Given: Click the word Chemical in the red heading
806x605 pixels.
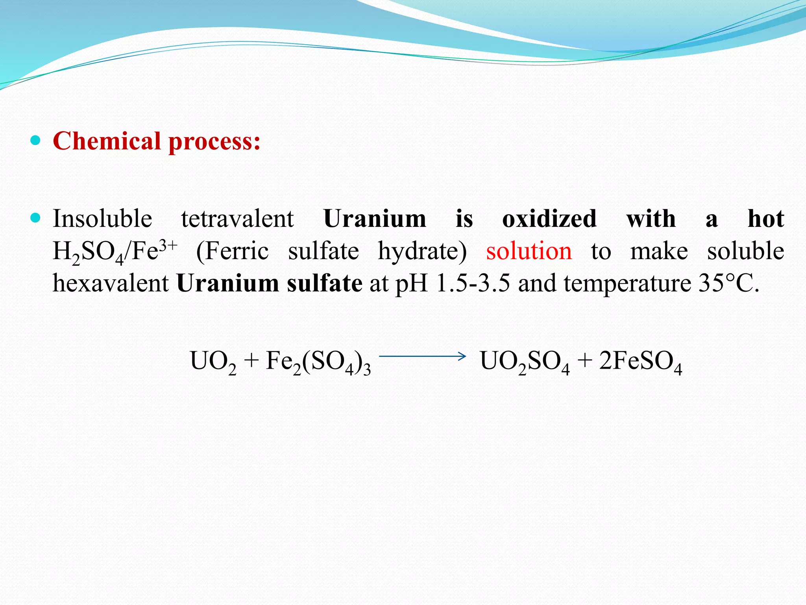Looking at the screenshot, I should point(107,141).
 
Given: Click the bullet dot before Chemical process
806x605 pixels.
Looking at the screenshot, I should point(35,140).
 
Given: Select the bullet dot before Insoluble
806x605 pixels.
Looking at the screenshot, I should point(35,218).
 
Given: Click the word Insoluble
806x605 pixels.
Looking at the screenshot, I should point(102,219).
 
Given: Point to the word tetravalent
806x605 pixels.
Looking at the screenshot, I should point(237,219).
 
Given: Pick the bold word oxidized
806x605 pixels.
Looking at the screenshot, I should point(549,219).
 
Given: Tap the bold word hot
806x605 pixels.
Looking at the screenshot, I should point(765,219).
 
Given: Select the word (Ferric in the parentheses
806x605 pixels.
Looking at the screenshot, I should point(232,251).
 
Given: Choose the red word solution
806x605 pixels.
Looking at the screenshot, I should point(529,251).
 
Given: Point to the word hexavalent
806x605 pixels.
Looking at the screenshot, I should point(111,283).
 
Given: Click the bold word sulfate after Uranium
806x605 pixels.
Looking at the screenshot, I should point(324,283).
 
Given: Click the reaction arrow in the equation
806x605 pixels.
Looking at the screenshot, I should point(422,356).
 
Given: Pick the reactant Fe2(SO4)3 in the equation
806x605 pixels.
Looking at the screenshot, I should point(318,362).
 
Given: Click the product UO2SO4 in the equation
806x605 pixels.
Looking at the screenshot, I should point(525,362).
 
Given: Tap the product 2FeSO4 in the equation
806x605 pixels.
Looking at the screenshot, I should point(640,362).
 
